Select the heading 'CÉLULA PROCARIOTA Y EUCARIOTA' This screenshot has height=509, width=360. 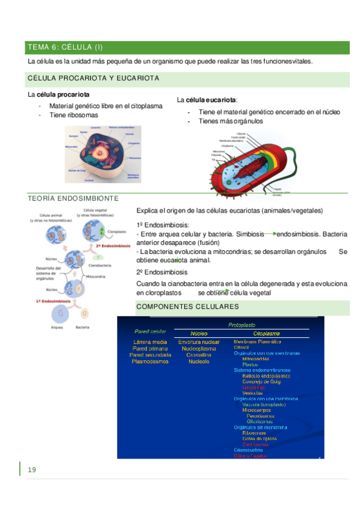pyautogui.click(x=93, y=79)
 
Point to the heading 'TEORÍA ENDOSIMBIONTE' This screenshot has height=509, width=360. pyautogui.click(x=73, y=198)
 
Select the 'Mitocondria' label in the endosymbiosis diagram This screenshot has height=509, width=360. pyautogui.click(x=98, y=277)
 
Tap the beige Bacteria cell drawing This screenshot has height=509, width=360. pyautogui.click(x=84, y=313)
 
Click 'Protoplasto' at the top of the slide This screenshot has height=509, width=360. pyautogui.click(x=242, y=324)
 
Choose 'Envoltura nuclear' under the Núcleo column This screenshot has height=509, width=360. pyautogui.click(x=199, y=342)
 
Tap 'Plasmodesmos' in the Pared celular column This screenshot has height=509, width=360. pyautogui.click(x=150, y=361)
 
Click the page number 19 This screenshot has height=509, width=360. pyautogui.click(x=32, y=469)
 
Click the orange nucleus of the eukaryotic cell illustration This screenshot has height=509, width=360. pyautogui.click(x=103, y=155)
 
